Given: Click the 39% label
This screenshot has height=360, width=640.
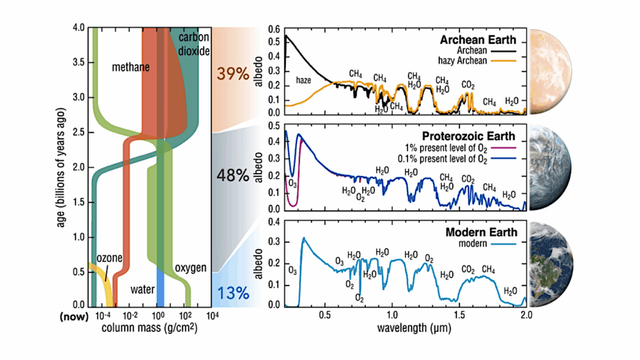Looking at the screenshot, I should pos(232,74).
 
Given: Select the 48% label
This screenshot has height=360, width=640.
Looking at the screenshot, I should pos(232,177).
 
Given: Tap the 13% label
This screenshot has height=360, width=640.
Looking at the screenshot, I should pos(232,292).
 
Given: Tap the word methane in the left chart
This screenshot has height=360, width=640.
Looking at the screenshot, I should pos(131,67).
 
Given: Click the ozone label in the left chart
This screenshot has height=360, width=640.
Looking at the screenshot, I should pos(109,258).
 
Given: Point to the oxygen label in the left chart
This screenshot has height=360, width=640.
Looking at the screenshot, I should pos(190,267).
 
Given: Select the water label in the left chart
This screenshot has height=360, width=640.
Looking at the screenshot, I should pos(142,290).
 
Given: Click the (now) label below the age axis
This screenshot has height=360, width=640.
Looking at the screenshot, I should pos(74,316).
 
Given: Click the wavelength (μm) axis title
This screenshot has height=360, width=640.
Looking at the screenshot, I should pos(405,327).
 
